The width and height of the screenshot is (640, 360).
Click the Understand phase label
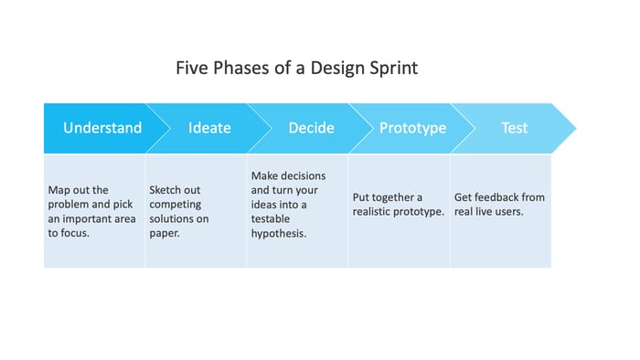click(102, 128)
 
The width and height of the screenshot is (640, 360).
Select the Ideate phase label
click(209, 128)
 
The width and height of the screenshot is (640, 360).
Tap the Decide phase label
click(311, 128)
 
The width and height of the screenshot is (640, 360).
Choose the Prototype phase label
click(412, 128)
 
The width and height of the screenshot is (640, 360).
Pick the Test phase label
click(514, 128)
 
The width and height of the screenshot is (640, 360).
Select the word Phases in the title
click(240, 69)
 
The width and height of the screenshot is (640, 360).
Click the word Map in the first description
click(59, 190)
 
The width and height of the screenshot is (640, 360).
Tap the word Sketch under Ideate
click(166, 190)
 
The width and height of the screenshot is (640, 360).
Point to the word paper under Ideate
click(165, 234)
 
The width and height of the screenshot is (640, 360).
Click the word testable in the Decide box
click(272, 219)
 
